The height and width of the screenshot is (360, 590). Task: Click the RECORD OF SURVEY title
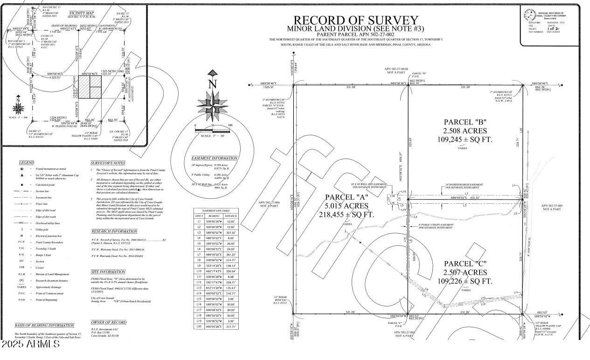coord(355,21)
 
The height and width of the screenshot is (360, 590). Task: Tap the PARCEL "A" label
coord(347,197)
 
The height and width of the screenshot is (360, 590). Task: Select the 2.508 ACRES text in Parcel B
coord(465,131)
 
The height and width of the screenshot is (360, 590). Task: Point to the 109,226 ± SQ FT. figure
coord(465,281)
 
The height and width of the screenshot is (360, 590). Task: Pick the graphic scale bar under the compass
coord(213,130)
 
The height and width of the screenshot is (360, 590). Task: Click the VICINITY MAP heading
coord(81,14)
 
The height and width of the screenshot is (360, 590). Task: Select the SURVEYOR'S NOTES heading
coord(108,163)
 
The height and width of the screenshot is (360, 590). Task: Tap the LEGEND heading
coord(27,163)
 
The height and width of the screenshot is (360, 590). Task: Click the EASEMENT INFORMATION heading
coord(214,158)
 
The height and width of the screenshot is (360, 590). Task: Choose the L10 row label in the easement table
coord(199,271)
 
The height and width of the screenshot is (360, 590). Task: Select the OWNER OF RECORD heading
coord(109,322)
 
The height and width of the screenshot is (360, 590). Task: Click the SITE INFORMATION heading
coord(108,272)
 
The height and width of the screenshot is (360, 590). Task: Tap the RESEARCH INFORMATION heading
coord(114,231)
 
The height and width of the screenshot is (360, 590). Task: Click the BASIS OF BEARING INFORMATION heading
coord(44,325)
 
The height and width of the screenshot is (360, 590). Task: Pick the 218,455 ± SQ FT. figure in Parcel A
coord(347,215)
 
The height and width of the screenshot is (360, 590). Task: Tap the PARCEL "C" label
coord(465,263)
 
